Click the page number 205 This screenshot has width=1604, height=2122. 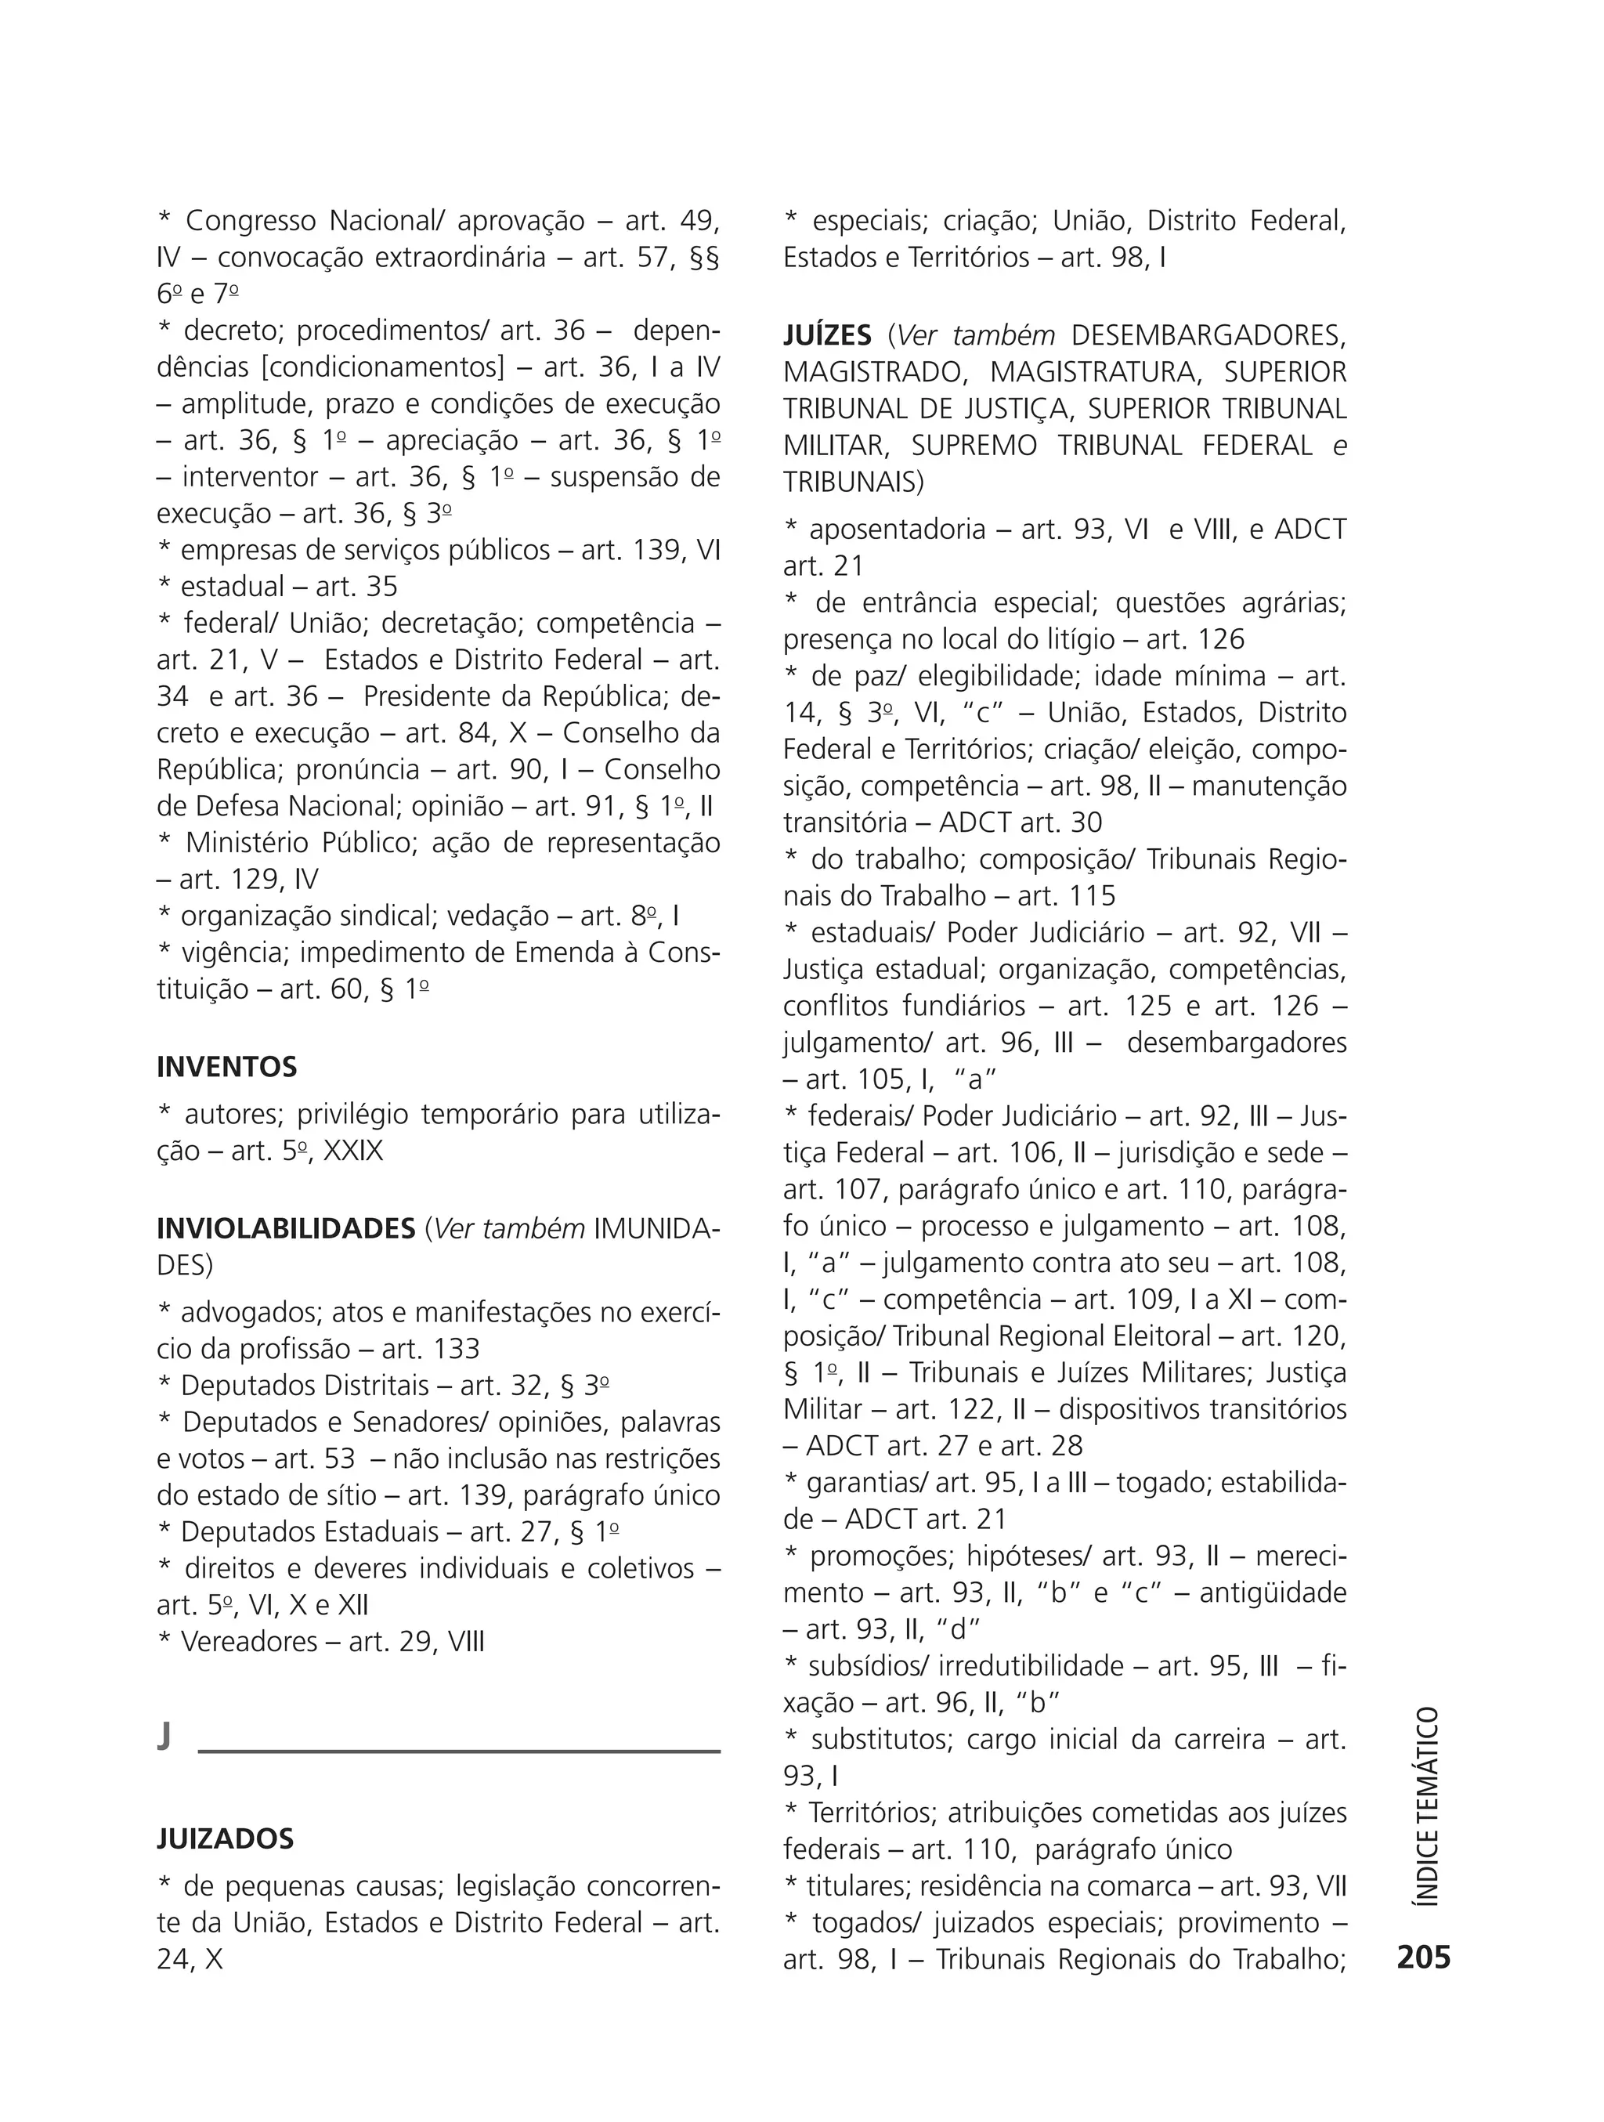[1424, 1957]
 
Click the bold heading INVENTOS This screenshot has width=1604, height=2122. [226, 1067]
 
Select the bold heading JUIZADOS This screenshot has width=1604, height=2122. [226, 1839]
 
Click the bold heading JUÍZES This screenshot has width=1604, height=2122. [827, 336]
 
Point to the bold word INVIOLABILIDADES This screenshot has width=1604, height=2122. [286, 1229]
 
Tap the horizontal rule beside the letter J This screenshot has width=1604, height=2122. [458, 1751]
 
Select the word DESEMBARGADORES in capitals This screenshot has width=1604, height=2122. [1208, 336]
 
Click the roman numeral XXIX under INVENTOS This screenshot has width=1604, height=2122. [353, 1150]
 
